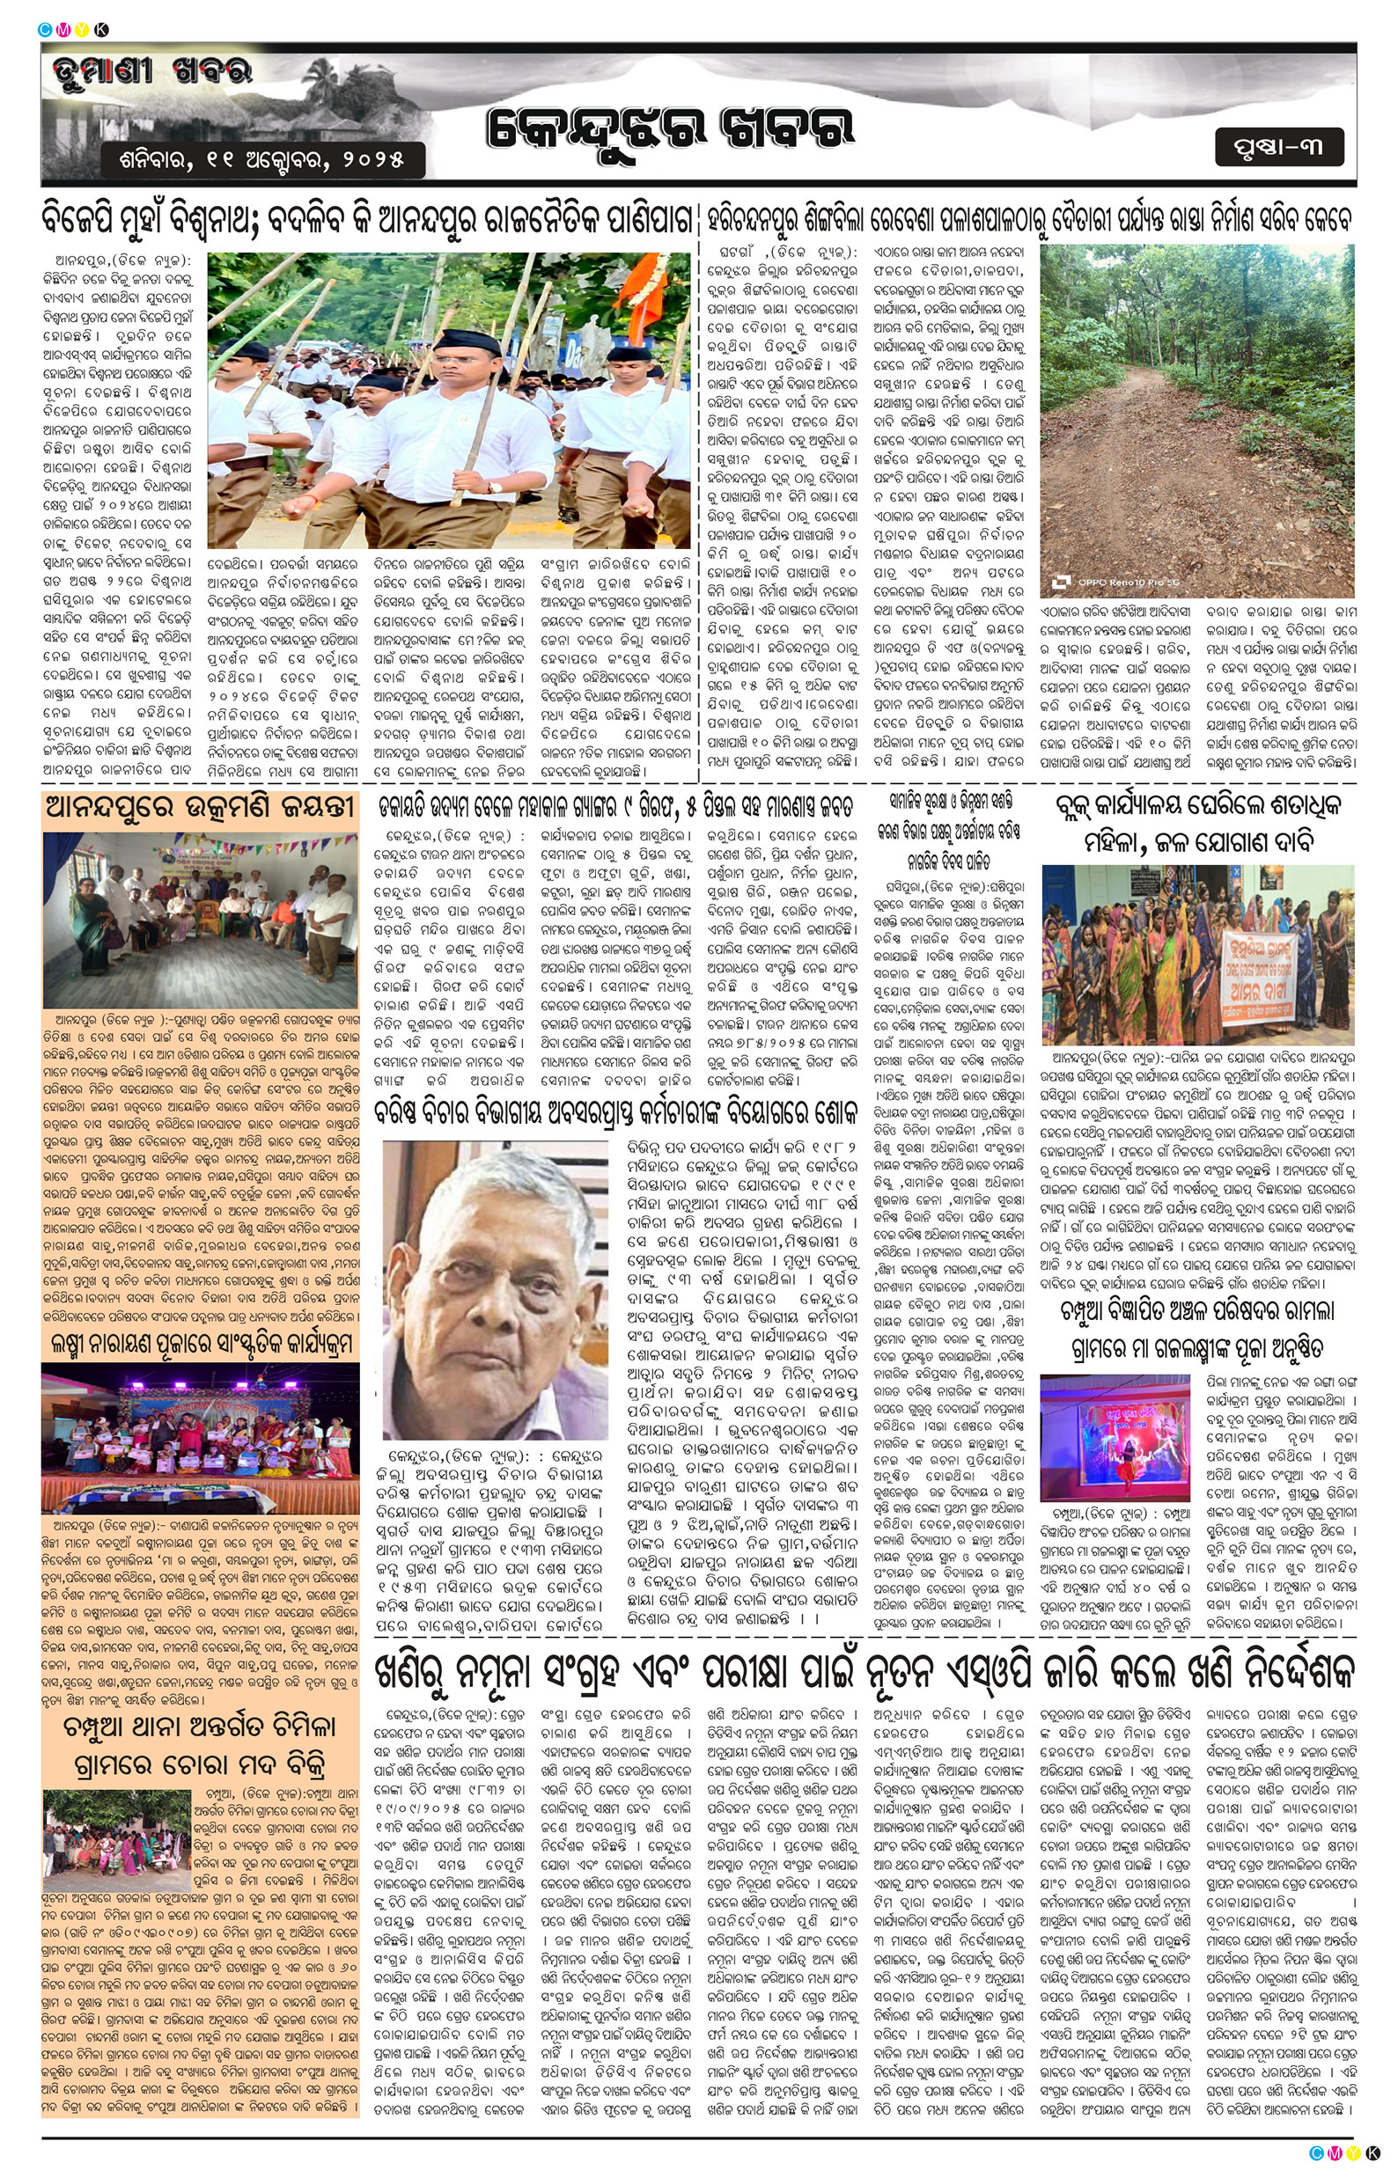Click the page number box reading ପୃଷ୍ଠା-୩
tap(1279, 147)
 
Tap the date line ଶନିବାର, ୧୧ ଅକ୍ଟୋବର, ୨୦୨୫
tap(262, 161)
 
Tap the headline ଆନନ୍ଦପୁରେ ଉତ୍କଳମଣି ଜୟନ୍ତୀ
tap(200, 805)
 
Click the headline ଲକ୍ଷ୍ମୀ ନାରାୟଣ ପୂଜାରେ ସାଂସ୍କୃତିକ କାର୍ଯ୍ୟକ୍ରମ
tap(200, 1344)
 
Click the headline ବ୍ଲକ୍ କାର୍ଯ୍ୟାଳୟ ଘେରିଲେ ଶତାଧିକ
tap(1197, 822)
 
